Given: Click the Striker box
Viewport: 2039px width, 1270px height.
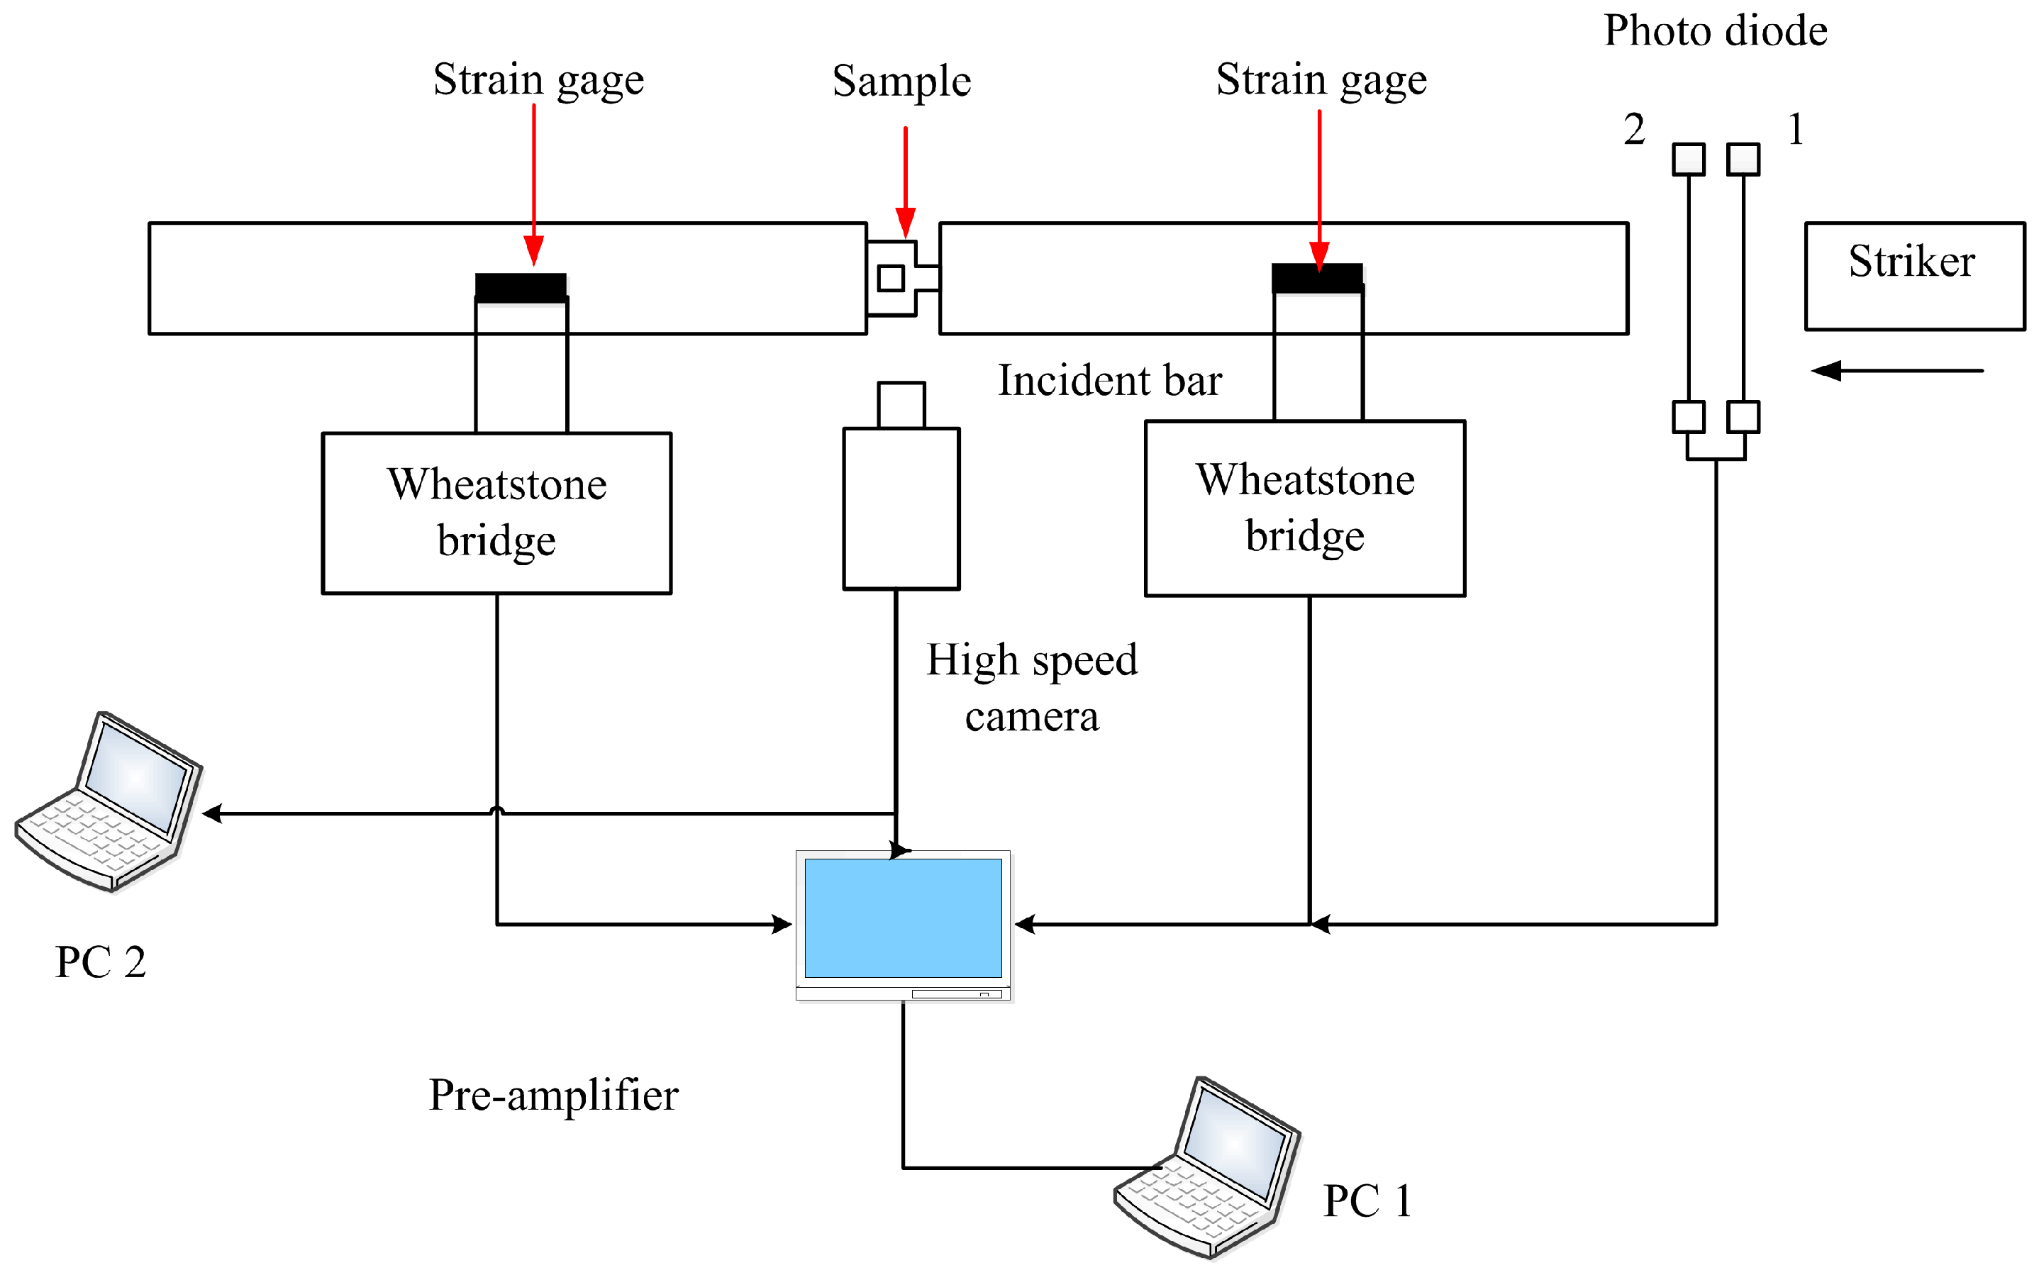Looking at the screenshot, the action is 1915,277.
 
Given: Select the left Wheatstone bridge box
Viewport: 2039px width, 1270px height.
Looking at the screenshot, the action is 496,513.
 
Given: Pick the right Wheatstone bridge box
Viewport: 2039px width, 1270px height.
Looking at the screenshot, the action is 1305,508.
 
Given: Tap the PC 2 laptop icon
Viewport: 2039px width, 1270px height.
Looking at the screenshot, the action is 109,801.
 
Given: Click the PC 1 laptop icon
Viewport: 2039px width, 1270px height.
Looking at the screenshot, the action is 1207,1166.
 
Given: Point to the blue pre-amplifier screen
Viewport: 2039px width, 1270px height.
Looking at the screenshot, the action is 903,918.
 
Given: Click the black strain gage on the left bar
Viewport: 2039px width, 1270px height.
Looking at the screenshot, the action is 521,287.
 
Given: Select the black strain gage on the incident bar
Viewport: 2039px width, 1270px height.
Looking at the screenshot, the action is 1317,278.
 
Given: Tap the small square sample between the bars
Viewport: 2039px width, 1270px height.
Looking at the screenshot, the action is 891,278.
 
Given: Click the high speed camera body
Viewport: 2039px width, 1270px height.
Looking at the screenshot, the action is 901,508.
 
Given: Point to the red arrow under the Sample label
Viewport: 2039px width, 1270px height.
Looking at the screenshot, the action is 905,182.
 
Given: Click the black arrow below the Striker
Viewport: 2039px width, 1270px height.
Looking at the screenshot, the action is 1897,370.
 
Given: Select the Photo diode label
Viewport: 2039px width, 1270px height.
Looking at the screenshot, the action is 1716,31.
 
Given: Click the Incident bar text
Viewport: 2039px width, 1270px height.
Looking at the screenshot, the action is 1110,381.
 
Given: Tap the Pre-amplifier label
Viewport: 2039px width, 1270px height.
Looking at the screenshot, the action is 554,1096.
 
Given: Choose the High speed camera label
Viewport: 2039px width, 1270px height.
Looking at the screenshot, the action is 1032,688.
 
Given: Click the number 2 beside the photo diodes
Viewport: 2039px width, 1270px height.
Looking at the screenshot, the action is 1634,129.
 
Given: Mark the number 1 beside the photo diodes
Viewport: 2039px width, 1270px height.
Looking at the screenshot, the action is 1795,129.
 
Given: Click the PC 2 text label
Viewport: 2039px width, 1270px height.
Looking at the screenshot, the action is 101,962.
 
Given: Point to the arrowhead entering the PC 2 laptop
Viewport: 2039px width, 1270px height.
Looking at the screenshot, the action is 213,813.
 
